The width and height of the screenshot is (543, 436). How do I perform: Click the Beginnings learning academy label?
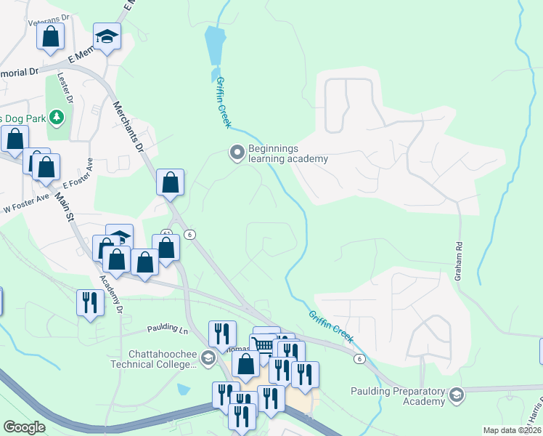[x=288, y=153]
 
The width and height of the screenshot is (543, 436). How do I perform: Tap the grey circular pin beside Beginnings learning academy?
[x=237, y=153]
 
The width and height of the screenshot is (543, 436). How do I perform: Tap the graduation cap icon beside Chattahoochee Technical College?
[x=208, y=357]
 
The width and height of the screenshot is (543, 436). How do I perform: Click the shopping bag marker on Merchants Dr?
[x=170, y=182]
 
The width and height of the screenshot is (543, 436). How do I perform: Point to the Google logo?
[x=25, y=427]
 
